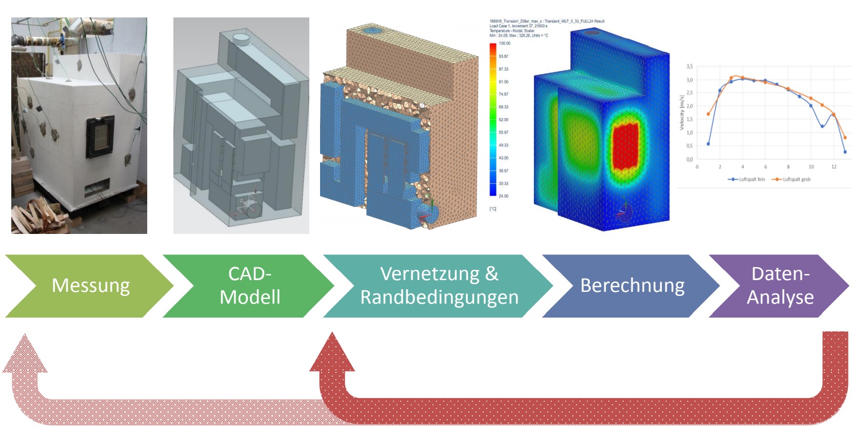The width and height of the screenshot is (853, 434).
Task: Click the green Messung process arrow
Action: coord(90,286)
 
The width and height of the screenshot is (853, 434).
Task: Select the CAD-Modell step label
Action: coord(250,286)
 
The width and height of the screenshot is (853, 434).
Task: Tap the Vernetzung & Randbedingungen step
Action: coord(439,286)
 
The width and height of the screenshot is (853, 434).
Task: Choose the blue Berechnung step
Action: coord(632,286)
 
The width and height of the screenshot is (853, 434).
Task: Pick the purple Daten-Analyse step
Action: coord(780,286)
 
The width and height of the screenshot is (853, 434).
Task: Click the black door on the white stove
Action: coord(100,136)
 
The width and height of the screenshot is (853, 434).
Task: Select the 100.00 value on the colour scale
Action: coord(504,44)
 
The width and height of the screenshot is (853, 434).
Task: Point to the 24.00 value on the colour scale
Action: coord(503,196)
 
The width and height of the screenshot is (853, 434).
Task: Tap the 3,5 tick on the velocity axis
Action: coord(689,67)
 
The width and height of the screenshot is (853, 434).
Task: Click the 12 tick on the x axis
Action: coord(834,167)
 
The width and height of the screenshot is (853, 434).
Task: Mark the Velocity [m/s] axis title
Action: coord(682,112)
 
